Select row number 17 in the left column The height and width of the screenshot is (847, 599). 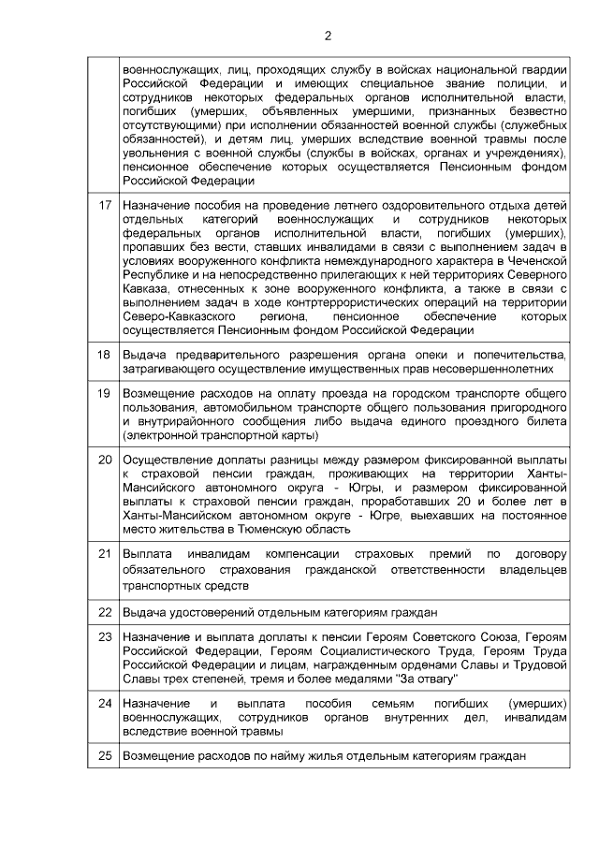coord(105,203)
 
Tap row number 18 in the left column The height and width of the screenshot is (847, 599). coord(105,355)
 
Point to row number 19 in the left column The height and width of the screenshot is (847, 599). coord(105,393)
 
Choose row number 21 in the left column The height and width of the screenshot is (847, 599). coord(105,553)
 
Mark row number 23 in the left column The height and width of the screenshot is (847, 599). coord(105,636)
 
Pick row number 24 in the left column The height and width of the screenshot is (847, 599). coord(105,702)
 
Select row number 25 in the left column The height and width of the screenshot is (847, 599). coord(105,755)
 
